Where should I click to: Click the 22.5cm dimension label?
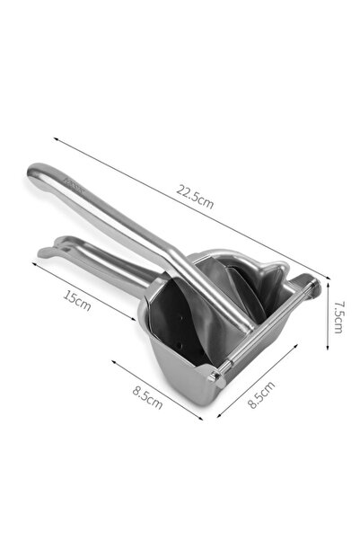click(195, 194)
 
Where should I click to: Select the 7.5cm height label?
click(337, 315)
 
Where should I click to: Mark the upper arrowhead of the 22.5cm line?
click(57, 140)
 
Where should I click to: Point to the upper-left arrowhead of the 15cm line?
click(36, 263)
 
